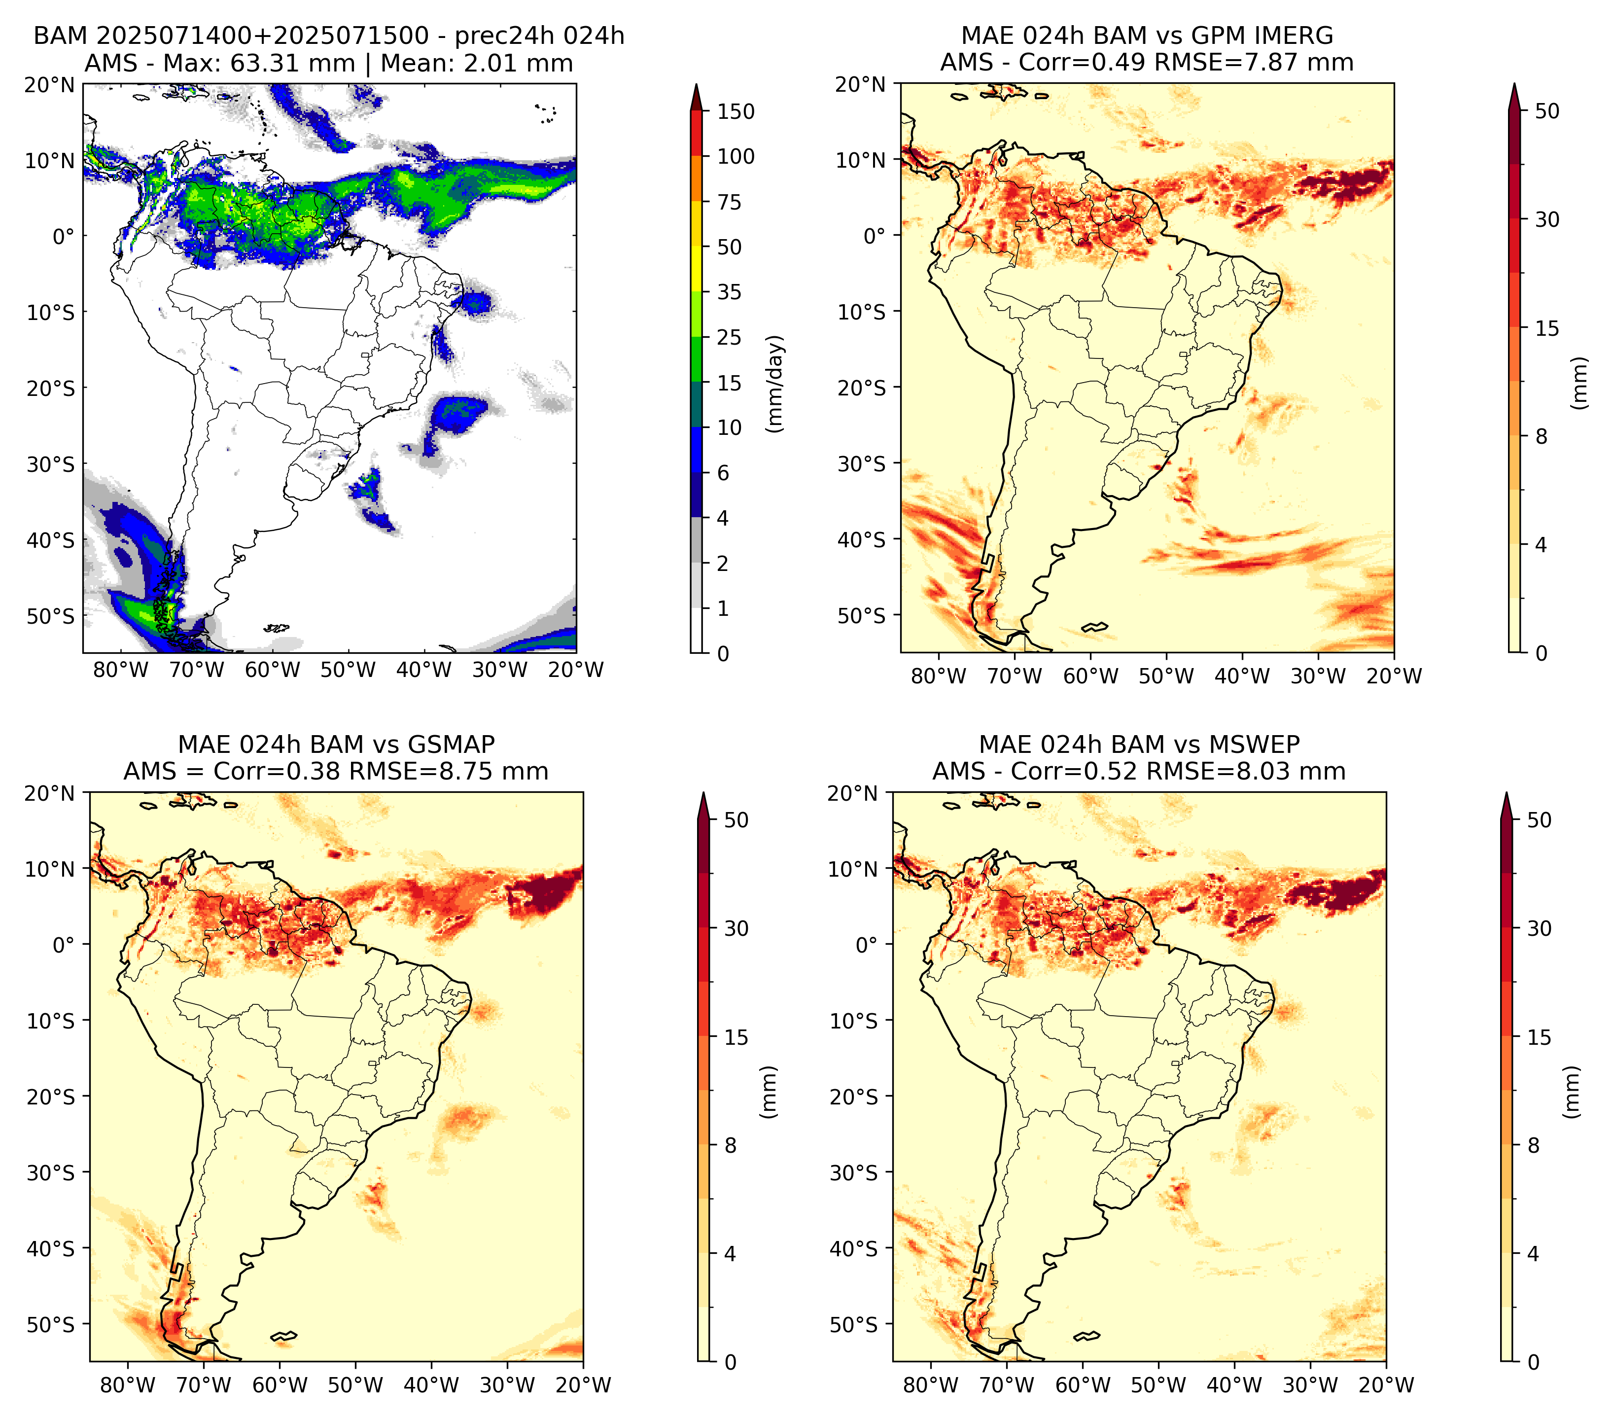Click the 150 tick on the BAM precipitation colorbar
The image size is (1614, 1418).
[735, 111]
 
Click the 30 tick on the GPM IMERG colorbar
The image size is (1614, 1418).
[1547, 219]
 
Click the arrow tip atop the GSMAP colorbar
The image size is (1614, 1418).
[703, 793]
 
